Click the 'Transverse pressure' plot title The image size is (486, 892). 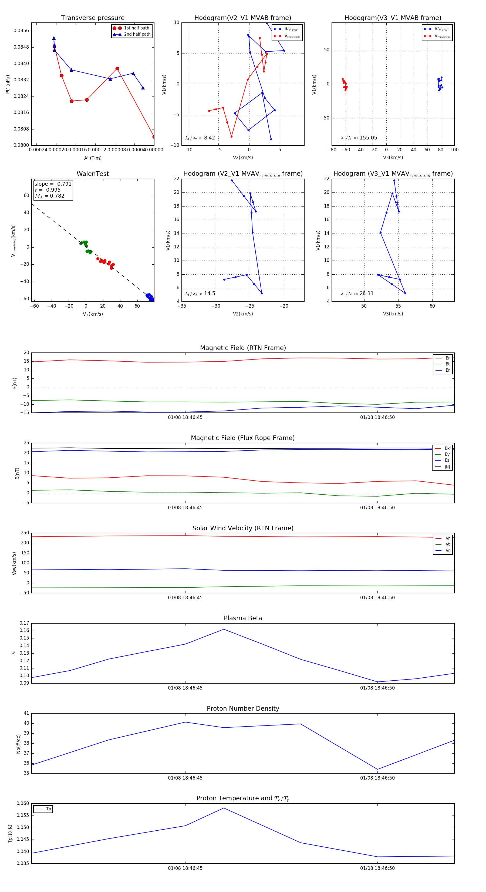pyautogui.click(x=93, y=18)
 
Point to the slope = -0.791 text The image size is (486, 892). pyautogui.click(x=53, y=184)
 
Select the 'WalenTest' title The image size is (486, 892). pyautogui.click(x=93, y=174)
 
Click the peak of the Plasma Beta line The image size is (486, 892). pyautogui.click(x=224, y=629)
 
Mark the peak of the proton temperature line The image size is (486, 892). pyautogui.click(x=224, y=808)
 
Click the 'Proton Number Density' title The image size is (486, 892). pyautogui.click(x=243, y=708)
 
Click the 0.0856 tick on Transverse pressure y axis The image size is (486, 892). pyautogui.click(x=21, y=31)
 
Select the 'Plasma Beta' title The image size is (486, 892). pyautogui.click(x=243, y=618)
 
